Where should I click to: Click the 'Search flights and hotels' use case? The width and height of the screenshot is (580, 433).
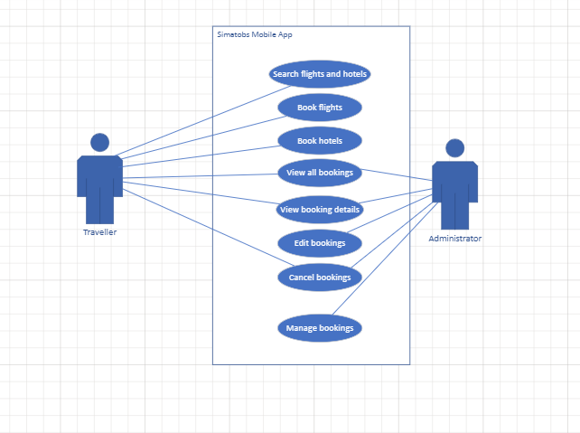[x=320, y=74]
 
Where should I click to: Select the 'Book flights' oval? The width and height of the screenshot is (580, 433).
[x=320, y=108]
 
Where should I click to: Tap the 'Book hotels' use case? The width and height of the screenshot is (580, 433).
[x=320, y=141]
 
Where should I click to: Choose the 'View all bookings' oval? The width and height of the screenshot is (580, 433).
[x=320, y=172]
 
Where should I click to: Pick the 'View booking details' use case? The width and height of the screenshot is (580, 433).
[x=320, y=210]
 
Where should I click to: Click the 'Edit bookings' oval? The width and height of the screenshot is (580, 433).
[x=320, y=243]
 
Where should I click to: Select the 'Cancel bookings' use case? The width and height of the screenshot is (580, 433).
[x=320, y=277]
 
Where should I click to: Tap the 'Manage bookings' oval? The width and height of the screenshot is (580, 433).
[x=320, y=327]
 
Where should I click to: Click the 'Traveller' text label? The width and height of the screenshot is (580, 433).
[x=99, y=232]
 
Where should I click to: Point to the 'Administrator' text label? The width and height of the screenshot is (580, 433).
[x=454, y=239]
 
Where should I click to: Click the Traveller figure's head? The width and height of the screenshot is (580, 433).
[x=100, y=142]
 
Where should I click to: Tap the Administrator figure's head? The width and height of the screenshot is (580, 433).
[x=455, y=147]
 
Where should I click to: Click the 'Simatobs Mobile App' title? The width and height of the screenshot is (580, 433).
[x=254, y=34]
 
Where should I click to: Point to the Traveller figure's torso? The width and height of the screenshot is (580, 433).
[x=100, y=176]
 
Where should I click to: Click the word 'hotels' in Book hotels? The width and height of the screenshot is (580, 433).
[x=331, y=141]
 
